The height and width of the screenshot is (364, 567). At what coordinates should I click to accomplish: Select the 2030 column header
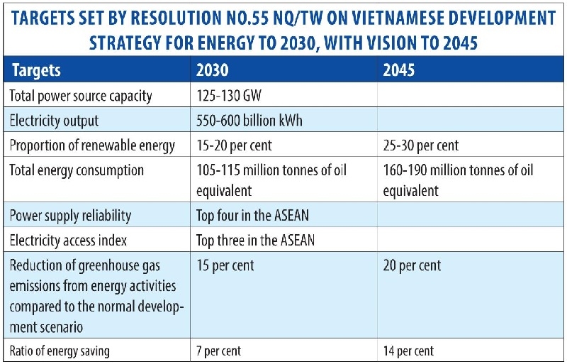point(212,71)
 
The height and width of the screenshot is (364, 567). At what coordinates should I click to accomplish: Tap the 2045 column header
point(400,71)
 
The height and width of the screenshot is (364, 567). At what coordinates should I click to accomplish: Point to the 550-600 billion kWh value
point(249,120)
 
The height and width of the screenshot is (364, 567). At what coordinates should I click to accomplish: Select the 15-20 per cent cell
point(235,145)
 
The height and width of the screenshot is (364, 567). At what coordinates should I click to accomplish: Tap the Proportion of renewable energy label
point(92,145)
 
